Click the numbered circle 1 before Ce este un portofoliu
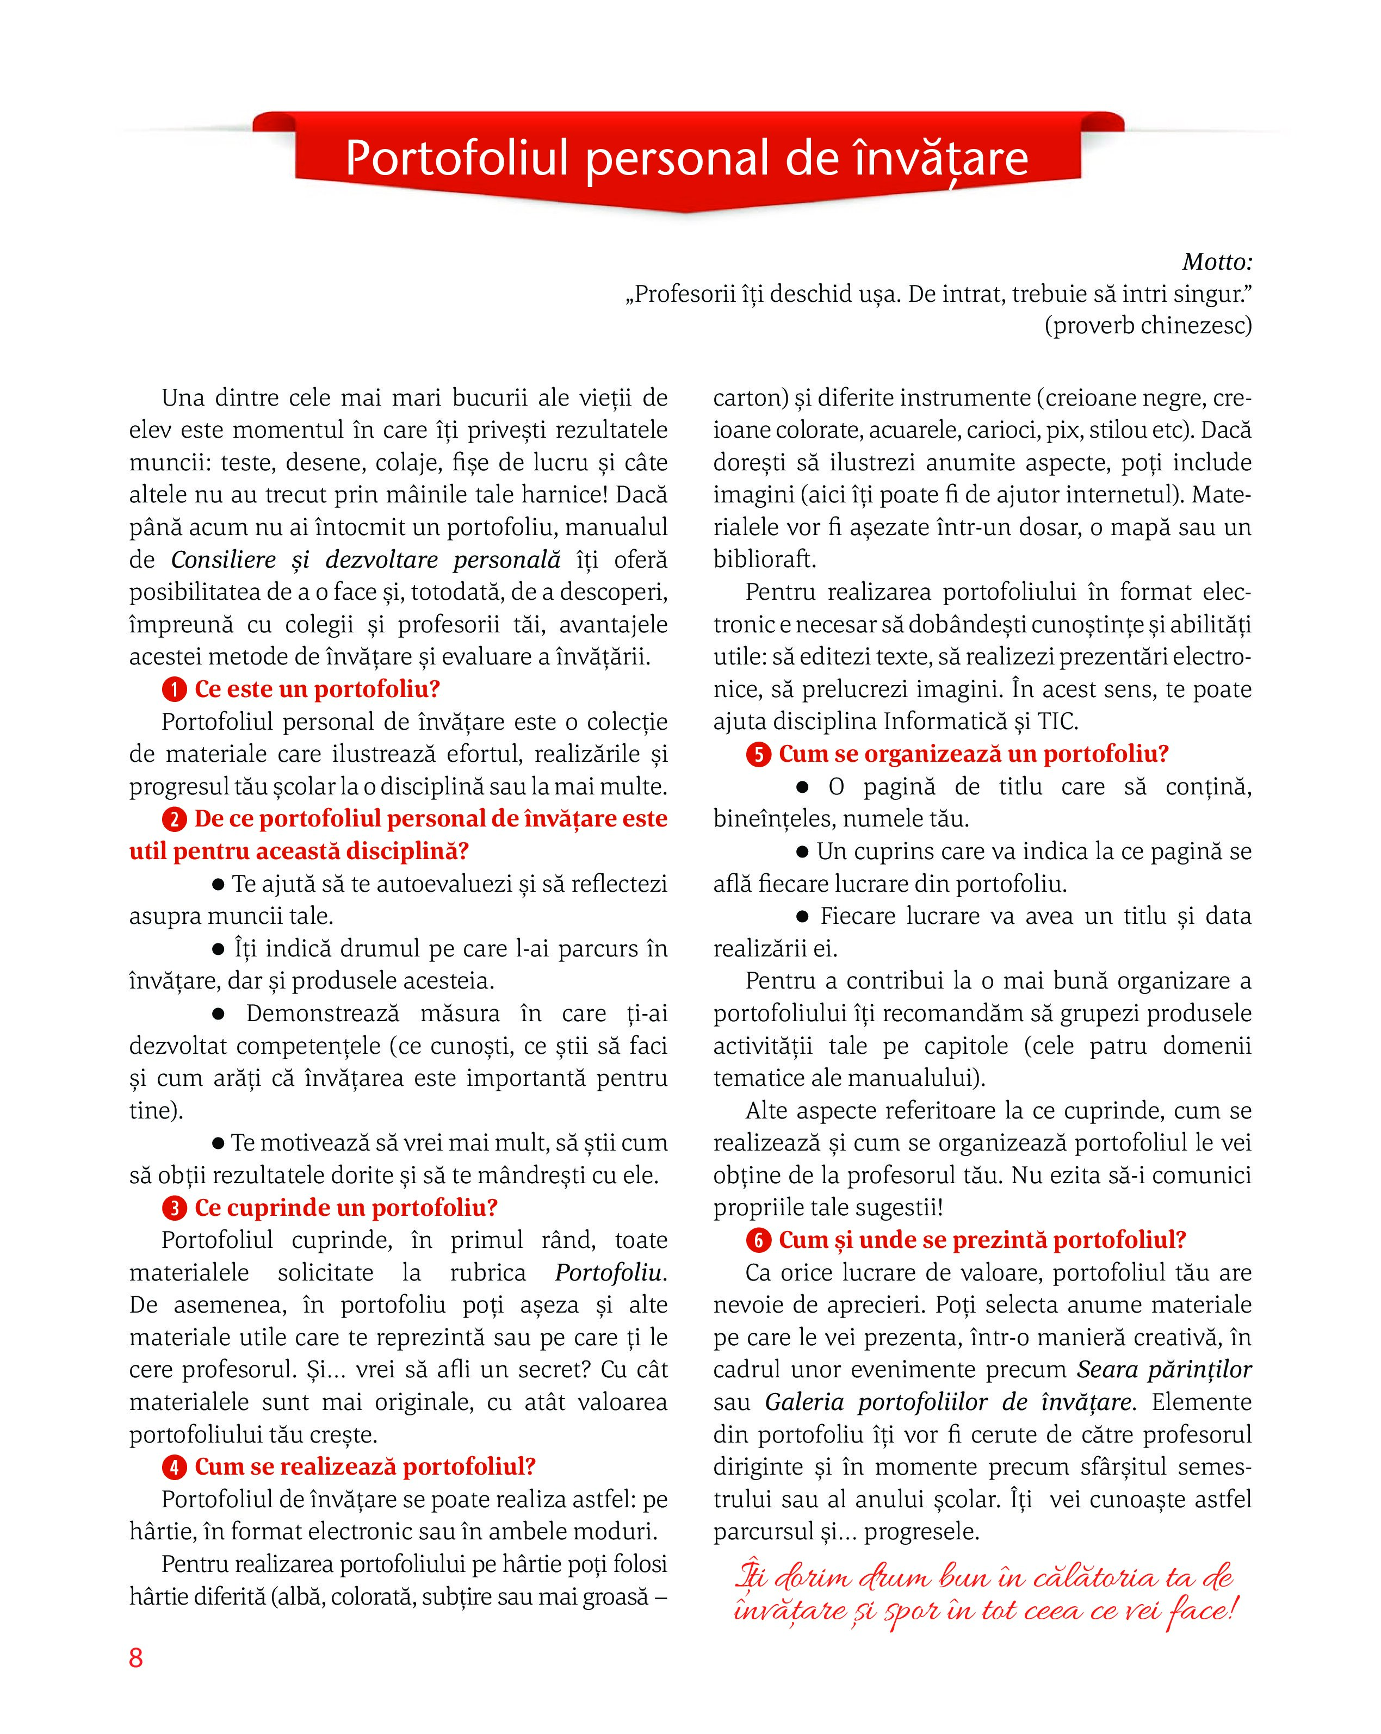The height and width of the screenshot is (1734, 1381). tap(174, 690)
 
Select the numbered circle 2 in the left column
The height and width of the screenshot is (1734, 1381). tap(174, 819)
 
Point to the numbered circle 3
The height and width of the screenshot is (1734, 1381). tap(174, 1208)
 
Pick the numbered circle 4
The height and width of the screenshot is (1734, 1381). tap(174, 1467)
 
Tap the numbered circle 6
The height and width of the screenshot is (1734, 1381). tap(758, 1241)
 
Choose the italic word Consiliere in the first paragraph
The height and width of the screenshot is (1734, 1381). tap(224, 559)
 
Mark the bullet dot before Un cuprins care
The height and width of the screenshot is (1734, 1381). tap(802, 852)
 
